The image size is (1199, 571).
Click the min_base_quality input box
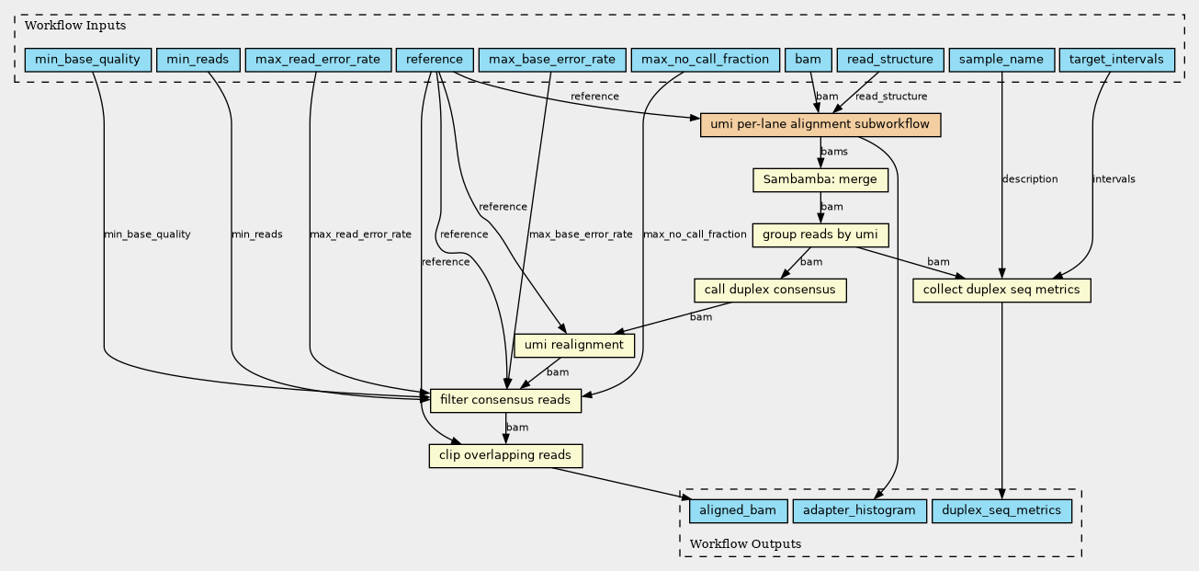pos(88,60)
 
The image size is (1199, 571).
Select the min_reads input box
pos(198,60)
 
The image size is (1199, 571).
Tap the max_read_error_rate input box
pos(318,60)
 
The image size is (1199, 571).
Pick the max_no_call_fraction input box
pos(705,60)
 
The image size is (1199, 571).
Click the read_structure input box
pos(890,60)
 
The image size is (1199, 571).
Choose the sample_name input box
pos(1001,60)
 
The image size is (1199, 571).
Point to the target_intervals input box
pos(1116,60)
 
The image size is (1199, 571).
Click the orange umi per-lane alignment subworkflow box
pos(820,125)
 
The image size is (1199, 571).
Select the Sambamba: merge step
pos(820,180)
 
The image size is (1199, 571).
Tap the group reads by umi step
pos(820,235)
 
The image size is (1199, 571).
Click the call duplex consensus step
pos(770,291)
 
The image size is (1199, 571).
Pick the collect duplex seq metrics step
pos(1001,291)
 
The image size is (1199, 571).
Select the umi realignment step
pos(574,346)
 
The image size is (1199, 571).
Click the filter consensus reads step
pos(505,401)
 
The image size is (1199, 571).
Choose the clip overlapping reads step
pos(505,456)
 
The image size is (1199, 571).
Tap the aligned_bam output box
pos(738,511)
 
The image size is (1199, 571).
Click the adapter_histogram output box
pos(859,511)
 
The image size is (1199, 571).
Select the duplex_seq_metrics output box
pos(1001,511)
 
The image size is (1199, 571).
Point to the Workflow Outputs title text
pos(745,544)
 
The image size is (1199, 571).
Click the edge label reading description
pos(1030,179)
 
